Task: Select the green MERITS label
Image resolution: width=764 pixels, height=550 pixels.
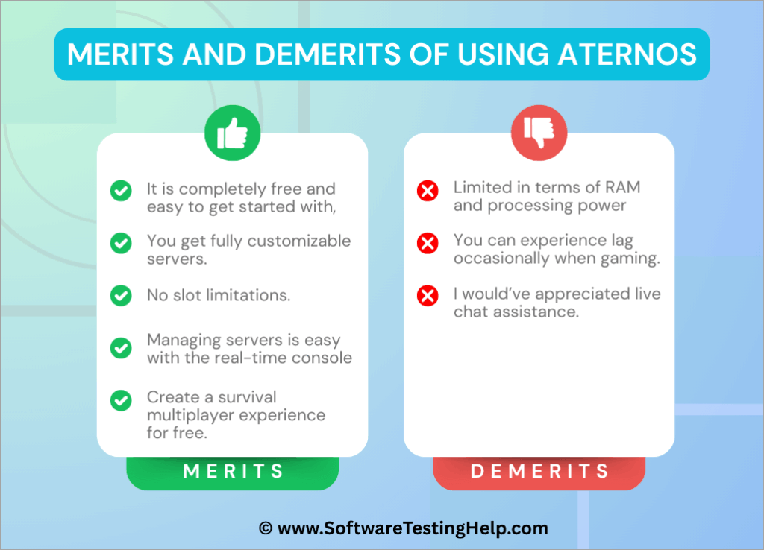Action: tap(233, 471)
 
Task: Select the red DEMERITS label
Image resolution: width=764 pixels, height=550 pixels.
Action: tap(539, 471)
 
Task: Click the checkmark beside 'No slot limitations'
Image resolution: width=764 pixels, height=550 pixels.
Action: tap(121, 295)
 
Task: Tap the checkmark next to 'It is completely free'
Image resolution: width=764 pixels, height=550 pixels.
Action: tap(121, 192)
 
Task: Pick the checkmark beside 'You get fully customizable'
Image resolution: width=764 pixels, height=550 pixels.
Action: tap(121, 243)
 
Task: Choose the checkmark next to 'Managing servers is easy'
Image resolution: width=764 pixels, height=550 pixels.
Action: tap(121, 348)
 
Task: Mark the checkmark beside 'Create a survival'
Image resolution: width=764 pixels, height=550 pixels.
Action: tap(121, 401)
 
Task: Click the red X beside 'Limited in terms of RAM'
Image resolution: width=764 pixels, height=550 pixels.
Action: tap(428, 192)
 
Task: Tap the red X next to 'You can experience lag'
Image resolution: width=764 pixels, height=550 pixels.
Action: tap(428, 243)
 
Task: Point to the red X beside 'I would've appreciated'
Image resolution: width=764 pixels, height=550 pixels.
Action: tap(428, 296)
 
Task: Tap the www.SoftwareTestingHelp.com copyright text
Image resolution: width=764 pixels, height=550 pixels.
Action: tap(403, 528)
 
